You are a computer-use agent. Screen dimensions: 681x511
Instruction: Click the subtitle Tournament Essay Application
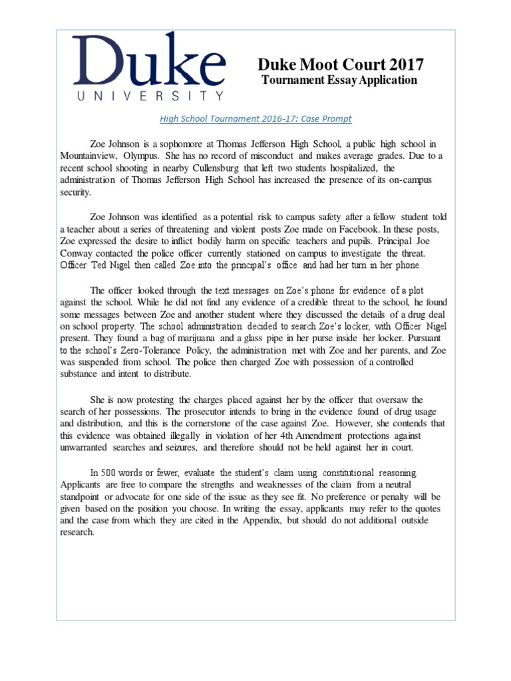click(x=339, y=80)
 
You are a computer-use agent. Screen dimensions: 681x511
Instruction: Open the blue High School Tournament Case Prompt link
click(x=255, y=119)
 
